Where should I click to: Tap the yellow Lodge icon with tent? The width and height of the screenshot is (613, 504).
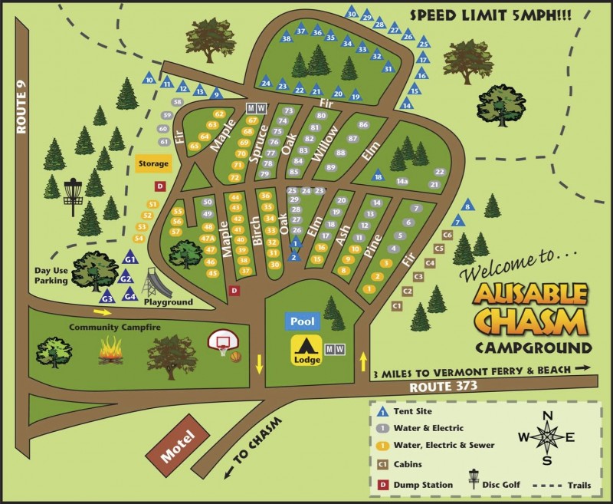(x=306, y=351)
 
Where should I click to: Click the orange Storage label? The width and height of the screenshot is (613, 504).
(x=152, y=163)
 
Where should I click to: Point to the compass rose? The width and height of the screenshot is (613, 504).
(x=547, y=438)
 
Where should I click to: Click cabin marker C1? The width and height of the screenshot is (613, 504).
(x=397, y=305)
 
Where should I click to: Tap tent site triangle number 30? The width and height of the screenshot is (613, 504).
(x=352, y=12)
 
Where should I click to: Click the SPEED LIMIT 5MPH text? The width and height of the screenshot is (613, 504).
(x=507, y=14)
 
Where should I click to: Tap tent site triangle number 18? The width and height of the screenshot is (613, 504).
(x=378, y=176)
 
